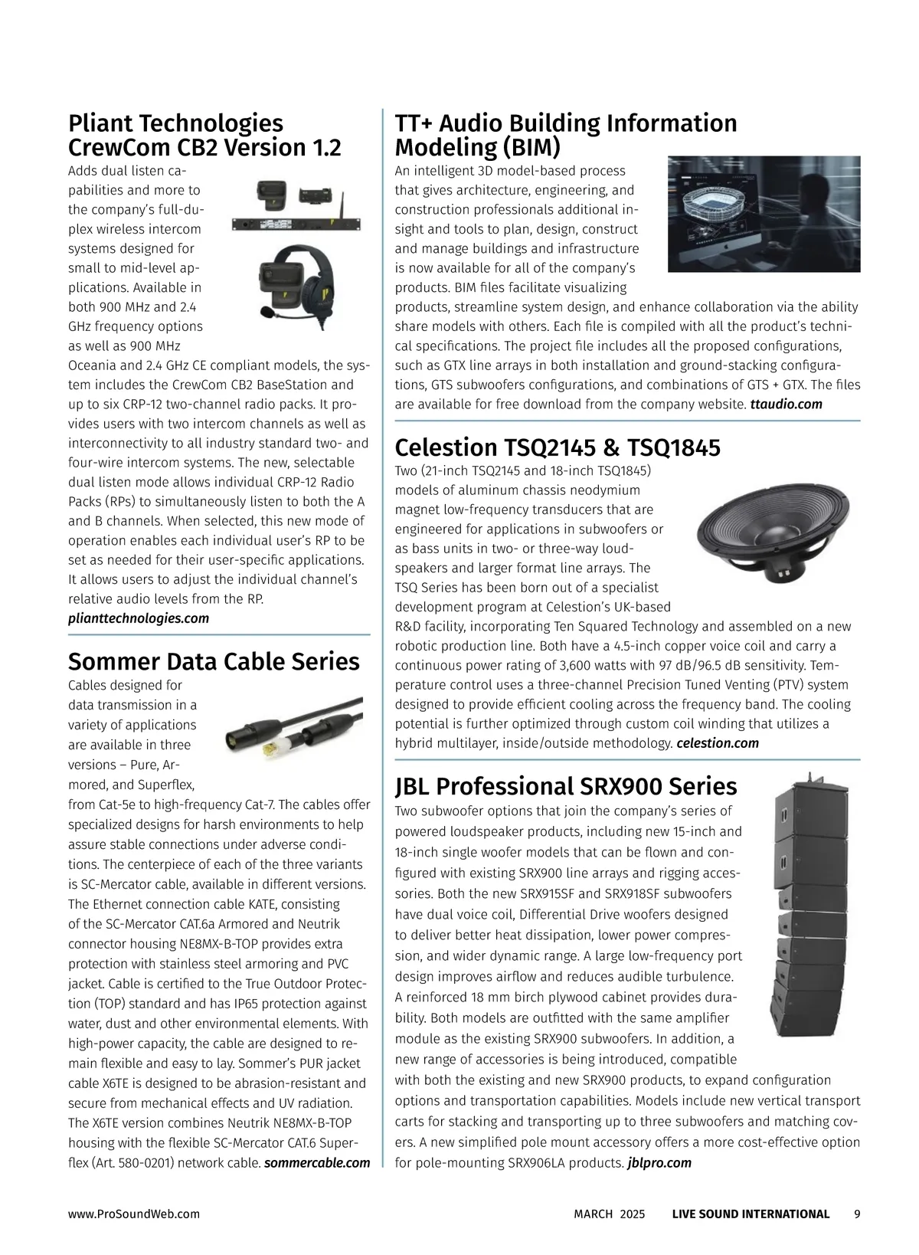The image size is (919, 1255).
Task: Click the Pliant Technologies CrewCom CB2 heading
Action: [x=204, y=135]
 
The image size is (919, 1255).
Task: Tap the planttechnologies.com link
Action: [x=139, y=618]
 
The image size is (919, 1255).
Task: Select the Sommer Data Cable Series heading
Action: [x=214, y=661]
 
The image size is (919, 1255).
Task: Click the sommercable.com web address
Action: [x=316, y=1163]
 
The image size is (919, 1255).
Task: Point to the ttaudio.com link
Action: [x=786, y=404]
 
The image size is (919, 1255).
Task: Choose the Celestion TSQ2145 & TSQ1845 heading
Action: [x=558, y=447]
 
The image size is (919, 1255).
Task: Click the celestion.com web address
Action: [x=718, y=743]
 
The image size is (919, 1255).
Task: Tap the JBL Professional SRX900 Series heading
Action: [x=566, y=786]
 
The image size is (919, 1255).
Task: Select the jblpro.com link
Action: [x=659, y=1163]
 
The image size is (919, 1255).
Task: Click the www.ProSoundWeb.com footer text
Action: [x=134, y=1214]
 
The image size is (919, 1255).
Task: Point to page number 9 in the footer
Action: [x=857, y=1214]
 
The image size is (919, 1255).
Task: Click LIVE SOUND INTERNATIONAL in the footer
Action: [x=751, y=1214]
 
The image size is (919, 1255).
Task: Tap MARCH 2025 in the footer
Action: [x=610, y=1214]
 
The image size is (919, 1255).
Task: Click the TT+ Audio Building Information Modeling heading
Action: [x=566, y=135]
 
